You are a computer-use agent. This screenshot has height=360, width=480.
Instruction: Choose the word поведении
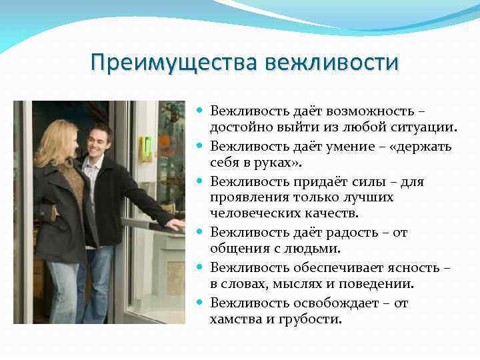(379, 284)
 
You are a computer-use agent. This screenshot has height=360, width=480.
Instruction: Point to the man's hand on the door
(174, 225)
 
